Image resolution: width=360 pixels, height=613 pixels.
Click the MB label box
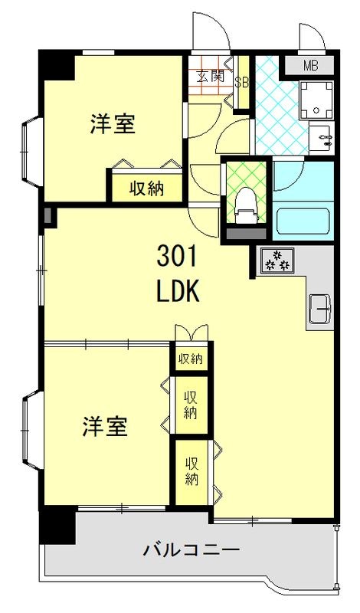tap(309, 67)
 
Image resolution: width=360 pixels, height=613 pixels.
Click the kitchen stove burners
tap(277, 261)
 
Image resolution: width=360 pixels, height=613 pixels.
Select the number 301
tap(178, 253)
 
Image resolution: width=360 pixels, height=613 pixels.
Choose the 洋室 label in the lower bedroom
tap(105, 427)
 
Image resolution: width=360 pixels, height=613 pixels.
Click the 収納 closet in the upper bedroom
tap(146, 188)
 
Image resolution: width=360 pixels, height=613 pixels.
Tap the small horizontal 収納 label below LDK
tap(191, 359)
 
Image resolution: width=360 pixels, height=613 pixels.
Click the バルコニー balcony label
tap(191, 549)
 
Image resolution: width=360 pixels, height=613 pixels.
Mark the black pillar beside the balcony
tap(58, 526)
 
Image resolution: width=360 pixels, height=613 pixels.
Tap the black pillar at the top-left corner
tap(57, 65)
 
